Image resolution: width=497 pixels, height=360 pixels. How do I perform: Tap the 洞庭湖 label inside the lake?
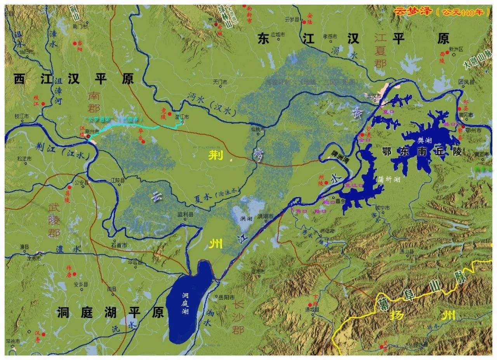[186, 303]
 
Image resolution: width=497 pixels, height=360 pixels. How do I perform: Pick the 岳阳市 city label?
[226, 297]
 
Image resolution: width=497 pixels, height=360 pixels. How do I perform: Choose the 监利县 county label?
[185, 214]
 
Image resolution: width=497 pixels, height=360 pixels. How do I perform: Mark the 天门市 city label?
[219, 82]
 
